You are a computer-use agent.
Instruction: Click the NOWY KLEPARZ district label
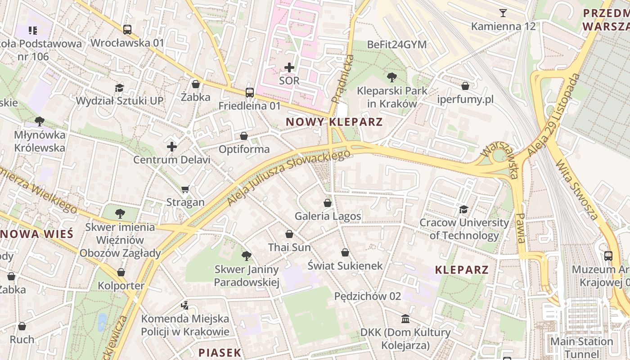point(334,122)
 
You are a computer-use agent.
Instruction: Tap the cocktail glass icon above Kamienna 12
point(503,13)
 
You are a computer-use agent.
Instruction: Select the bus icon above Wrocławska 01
point(127,30)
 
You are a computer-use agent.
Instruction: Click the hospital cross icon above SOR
point(289,67)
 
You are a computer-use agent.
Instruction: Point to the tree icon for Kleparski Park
point(391,77)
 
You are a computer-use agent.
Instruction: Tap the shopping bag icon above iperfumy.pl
point(465,85)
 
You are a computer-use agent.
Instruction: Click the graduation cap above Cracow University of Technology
point(463,209)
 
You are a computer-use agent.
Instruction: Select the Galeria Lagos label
point(328,216)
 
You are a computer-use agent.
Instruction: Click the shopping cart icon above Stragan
point(185,189)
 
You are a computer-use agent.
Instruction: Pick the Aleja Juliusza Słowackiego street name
point(288,178)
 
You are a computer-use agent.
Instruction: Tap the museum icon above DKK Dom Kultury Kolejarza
point(405,319)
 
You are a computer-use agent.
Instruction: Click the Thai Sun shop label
point(289,247)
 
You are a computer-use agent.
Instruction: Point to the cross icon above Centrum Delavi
point(172,147)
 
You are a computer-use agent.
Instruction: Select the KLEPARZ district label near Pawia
point(462,270)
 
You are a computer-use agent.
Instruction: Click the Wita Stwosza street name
point(577,191)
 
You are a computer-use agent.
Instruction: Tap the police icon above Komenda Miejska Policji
point(184,305)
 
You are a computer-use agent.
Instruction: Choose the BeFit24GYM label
point(396,45)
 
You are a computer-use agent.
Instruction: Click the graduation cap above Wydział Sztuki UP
point(119,88)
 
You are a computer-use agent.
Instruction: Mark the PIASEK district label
point(220,352)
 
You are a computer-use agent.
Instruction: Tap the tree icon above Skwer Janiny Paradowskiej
point(246,256)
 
